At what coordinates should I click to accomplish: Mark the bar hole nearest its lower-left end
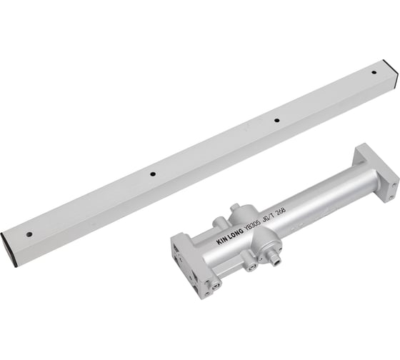[29, 234]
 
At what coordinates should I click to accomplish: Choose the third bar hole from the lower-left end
[277, 120]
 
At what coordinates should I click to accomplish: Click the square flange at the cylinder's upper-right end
[375, 170]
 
